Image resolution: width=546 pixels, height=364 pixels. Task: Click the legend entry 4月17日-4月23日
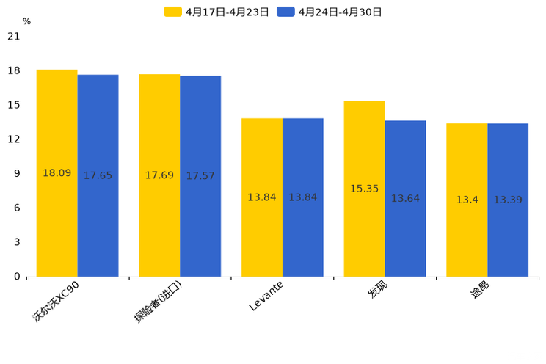[217, 12]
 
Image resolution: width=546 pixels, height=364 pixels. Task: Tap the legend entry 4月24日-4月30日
[330, 12]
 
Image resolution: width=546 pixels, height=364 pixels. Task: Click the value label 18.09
[57, 173]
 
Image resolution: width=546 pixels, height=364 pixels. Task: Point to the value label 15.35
[364, 189]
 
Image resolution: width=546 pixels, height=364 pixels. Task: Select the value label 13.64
[405, 199]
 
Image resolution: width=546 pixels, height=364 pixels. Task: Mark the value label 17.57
[200, 176]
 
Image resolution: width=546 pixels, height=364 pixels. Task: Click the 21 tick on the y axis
[13, 37]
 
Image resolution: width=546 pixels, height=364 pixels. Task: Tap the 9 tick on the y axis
[17, 174]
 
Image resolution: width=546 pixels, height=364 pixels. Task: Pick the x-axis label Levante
[266, 296]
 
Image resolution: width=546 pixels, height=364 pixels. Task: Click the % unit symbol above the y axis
[26, 22]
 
